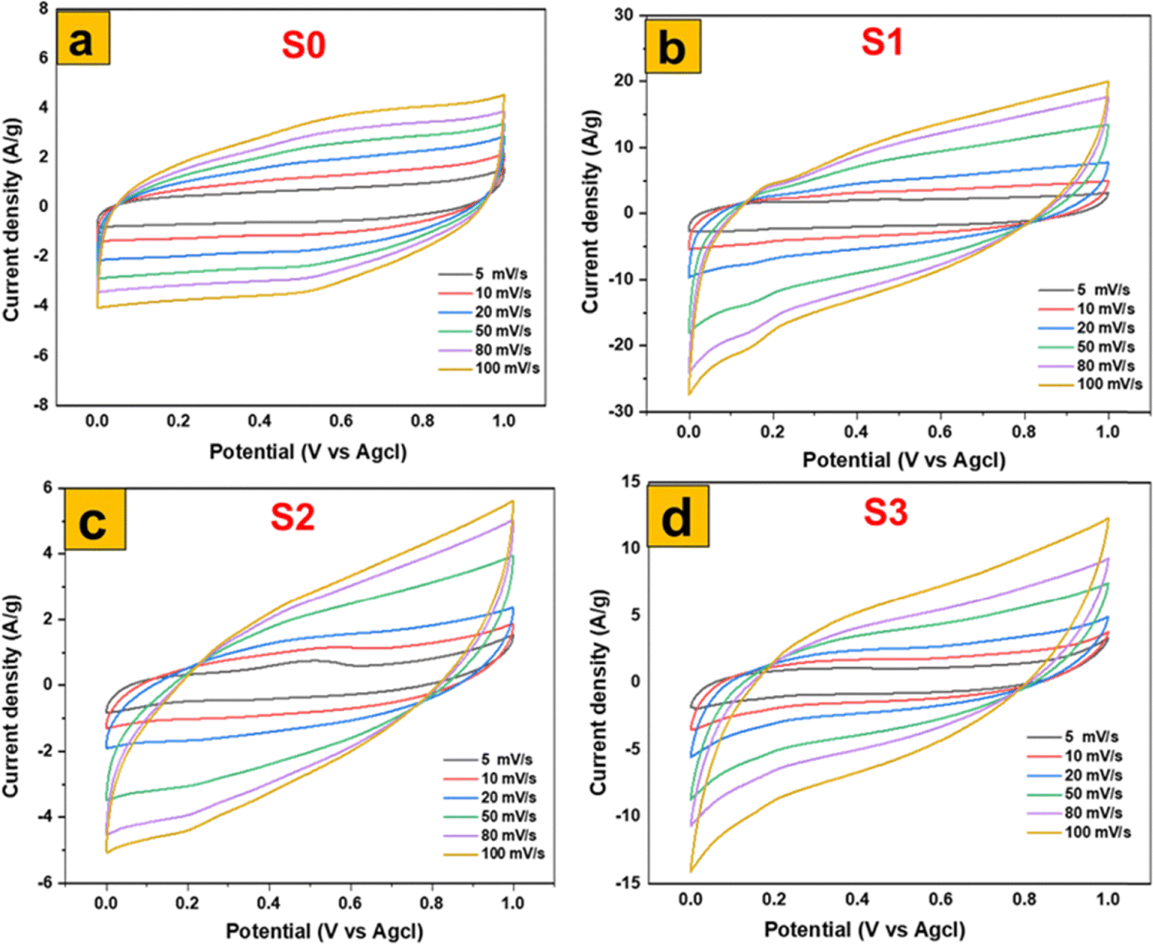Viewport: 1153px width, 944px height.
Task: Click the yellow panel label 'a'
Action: click(82, 38)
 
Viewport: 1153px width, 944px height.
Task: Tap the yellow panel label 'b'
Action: click(673, 47)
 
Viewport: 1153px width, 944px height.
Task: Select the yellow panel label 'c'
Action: click(95, 520)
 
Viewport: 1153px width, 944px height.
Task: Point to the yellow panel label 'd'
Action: click(677, 517)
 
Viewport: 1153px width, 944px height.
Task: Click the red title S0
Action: click(304, 45)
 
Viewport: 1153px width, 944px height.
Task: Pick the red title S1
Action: click(882, 42)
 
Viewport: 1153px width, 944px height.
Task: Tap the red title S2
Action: click(292, 517)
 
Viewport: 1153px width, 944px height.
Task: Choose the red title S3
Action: click(886, 512)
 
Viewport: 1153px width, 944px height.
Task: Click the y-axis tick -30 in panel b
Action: click(620, 411)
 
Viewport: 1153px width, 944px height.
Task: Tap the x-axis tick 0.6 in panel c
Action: click(351, 903)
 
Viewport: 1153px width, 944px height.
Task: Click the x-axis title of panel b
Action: click(904, 460)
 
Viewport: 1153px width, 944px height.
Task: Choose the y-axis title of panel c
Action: click(12, 695)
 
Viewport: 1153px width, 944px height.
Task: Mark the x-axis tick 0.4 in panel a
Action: click(260, 421)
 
